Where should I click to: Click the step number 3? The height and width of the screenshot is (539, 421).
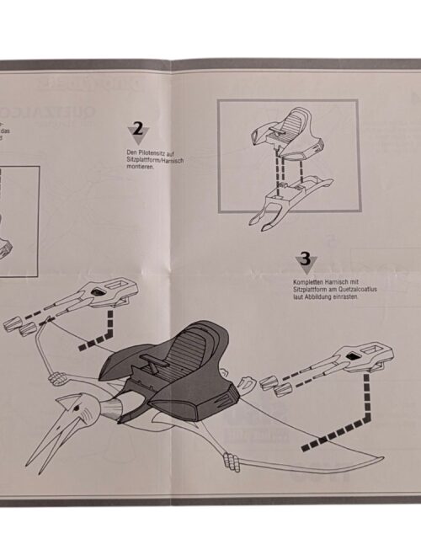(x=305, y=259)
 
